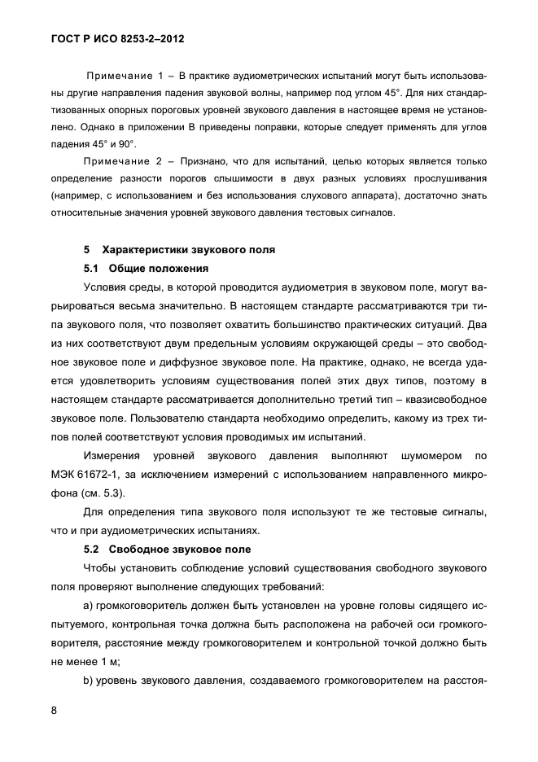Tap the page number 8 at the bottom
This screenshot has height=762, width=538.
click(54, 711)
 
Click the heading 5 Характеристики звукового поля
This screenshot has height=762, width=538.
click(180, 250)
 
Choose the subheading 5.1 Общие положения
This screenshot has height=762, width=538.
click(147, 268)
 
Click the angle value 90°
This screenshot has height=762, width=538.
click(128, 143)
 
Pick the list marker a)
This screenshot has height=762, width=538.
click(89, 606)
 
